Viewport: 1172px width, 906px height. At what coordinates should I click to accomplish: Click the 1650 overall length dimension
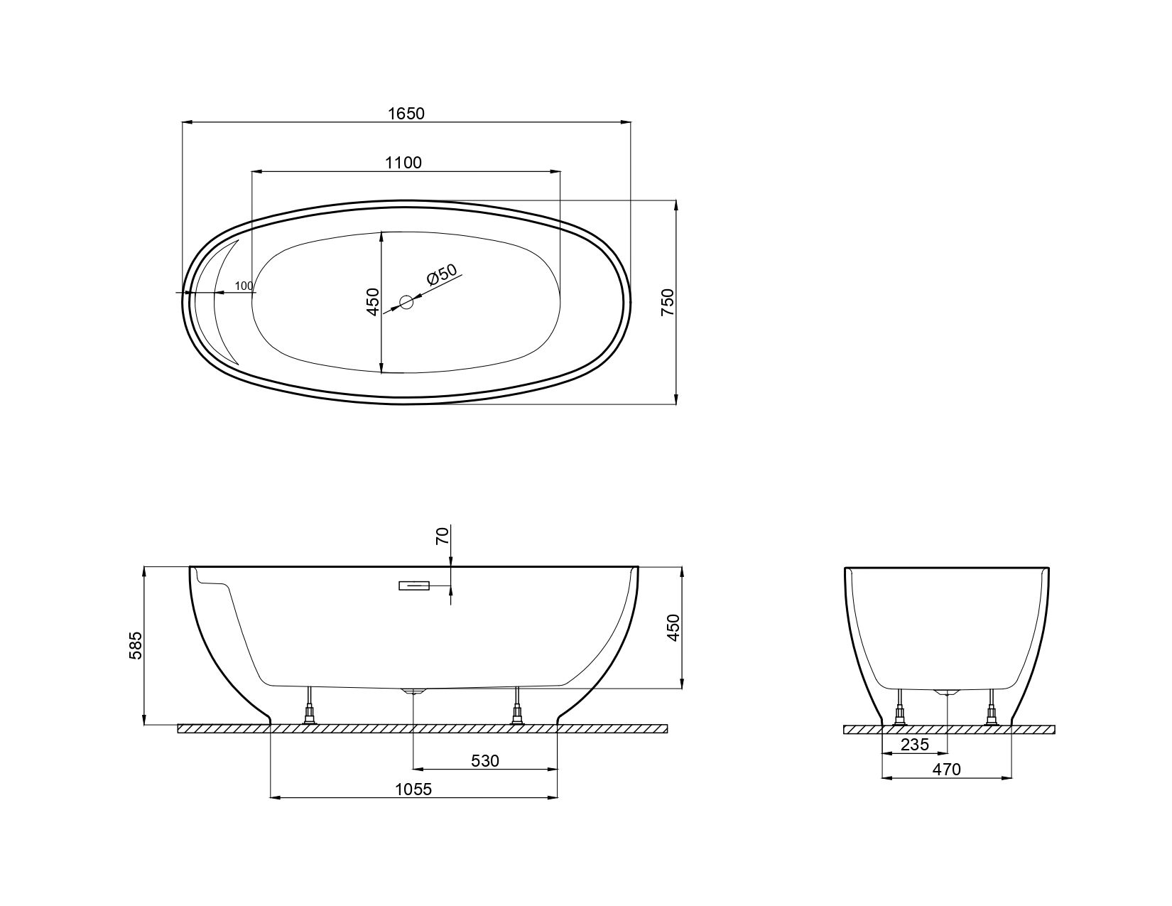pos(406,113)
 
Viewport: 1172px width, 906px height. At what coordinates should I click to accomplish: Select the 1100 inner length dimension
pos(403,163)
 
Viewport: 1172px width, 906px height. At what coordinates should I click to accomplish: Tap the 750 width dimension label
pos(668,302)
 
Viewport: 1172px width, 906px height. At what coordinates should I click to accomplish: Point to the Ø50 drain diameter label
pos(442,274)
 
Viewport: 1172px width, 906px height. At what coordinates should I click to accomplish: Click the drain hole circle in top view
pos(406,302)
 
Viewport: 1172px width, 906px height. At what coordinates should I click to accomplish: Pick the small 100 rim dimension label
pos(244,286)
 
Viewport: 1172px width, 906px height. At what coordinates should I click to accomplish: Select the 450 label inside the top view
pos(373,302)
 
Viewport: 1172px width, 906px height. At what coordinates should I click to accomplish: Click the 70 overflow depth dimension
pos(442,536)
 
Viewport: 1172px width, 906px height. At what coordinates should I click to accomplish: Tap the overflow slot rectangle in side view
pos(414,586)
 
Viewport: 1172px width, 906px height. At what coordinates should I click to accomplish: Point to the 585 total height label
pos(136,645)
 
